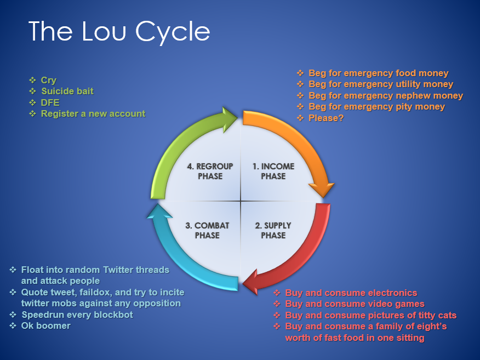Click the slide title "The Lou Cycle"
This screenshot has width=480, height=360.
coord(119,32)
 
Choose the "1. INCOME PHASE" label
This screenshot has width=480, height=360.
coord(273,171)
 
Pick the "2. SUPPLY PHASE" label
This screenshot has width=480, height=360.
coord(273,230)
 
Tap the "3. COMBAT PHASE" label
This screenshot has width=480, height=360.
coord(207,230)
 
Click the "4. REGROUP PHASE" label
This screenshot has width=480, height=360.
coord(210,171)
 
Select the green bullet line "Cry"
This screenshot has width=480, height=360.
coord(43,80)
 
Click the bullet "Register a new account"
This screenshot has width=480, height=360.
coord(87,113)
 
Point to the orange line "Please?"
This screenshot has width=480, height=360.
coord(320,118)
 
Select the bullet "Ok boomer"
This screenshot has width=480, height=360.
coord(40,325)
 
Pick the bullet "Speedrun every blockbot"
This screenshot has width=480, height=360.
coord(71,315)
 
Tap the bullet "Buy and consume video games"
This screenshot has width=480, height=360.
coord(349,304)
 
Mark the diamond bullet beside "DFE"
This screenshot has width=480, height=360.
coord(32,102)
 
